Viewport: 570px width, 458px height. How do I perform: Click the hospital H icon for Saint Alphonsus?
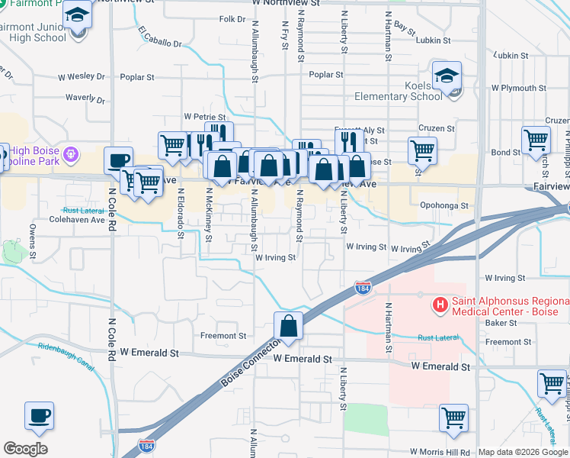440,306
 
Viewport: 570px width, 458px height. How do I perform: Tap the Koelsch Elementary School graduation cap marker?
447,76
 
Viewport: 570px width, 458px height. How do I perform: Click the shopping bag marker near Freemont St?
289,326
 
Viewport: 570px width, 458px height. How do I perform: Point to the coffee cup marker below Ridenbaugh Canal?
39,416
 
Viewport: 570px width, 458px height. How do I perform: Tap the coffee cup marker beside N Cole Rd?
117,161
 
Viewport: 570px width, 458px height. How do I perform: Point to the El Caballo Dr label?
161,38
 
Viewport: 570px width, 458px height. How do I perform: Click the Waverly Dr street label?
85,98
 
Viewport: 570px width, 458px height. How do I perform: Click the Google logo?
25,449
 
